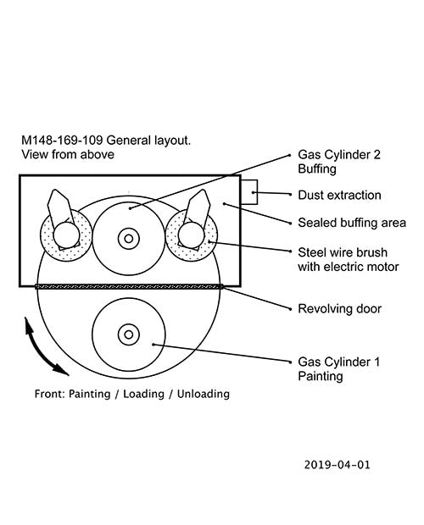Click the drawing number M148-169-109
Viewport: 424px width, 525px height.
click(x=62, y=140)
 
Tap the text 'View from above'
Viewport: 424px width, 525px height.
click(x=68, y=154)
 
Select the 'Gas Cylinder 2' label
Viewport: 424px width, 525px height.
click(x=339, y=155)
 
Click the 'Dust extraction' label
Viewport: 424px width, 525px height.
click(x=339, y=195)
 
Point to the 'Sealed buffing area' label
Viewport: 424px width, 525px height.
click(x=352, y=223)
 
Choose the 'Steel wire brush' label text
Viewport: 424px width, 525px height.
click(x=343, y=252)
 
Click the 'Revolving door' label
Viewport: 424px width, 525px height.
click(x=339, y=308)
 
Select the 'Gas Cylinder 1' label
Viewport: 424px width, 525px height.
click(x=339, y=362)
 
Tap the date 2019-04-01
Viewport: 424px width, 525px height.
click(x=338, y=464)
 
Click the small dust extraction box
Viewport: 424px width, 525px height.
click(x=249, y=192)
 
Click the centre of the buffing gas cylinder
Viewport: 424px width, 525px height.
click(x=129, y=239)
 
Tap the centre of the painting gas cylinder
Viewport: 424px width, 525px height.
click(x=129, y=334)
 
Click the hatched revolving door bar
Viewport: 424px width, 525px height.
click(x=129, y=286)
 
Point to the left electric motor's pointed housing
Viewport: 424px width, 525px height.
click(x=58, y=206)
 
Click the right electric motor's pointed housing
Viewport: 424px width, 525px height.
click(x=199, y=206)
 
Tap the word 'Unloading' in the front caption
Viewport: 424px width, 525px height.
click(x=204, y=394)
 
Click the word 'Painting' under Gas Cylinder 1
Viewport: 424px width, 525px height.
click(x=321, y=376)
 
